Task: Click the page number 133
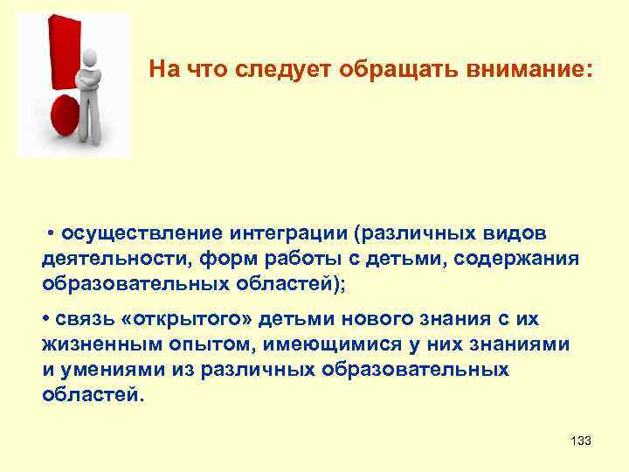[x=580, y=441]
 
